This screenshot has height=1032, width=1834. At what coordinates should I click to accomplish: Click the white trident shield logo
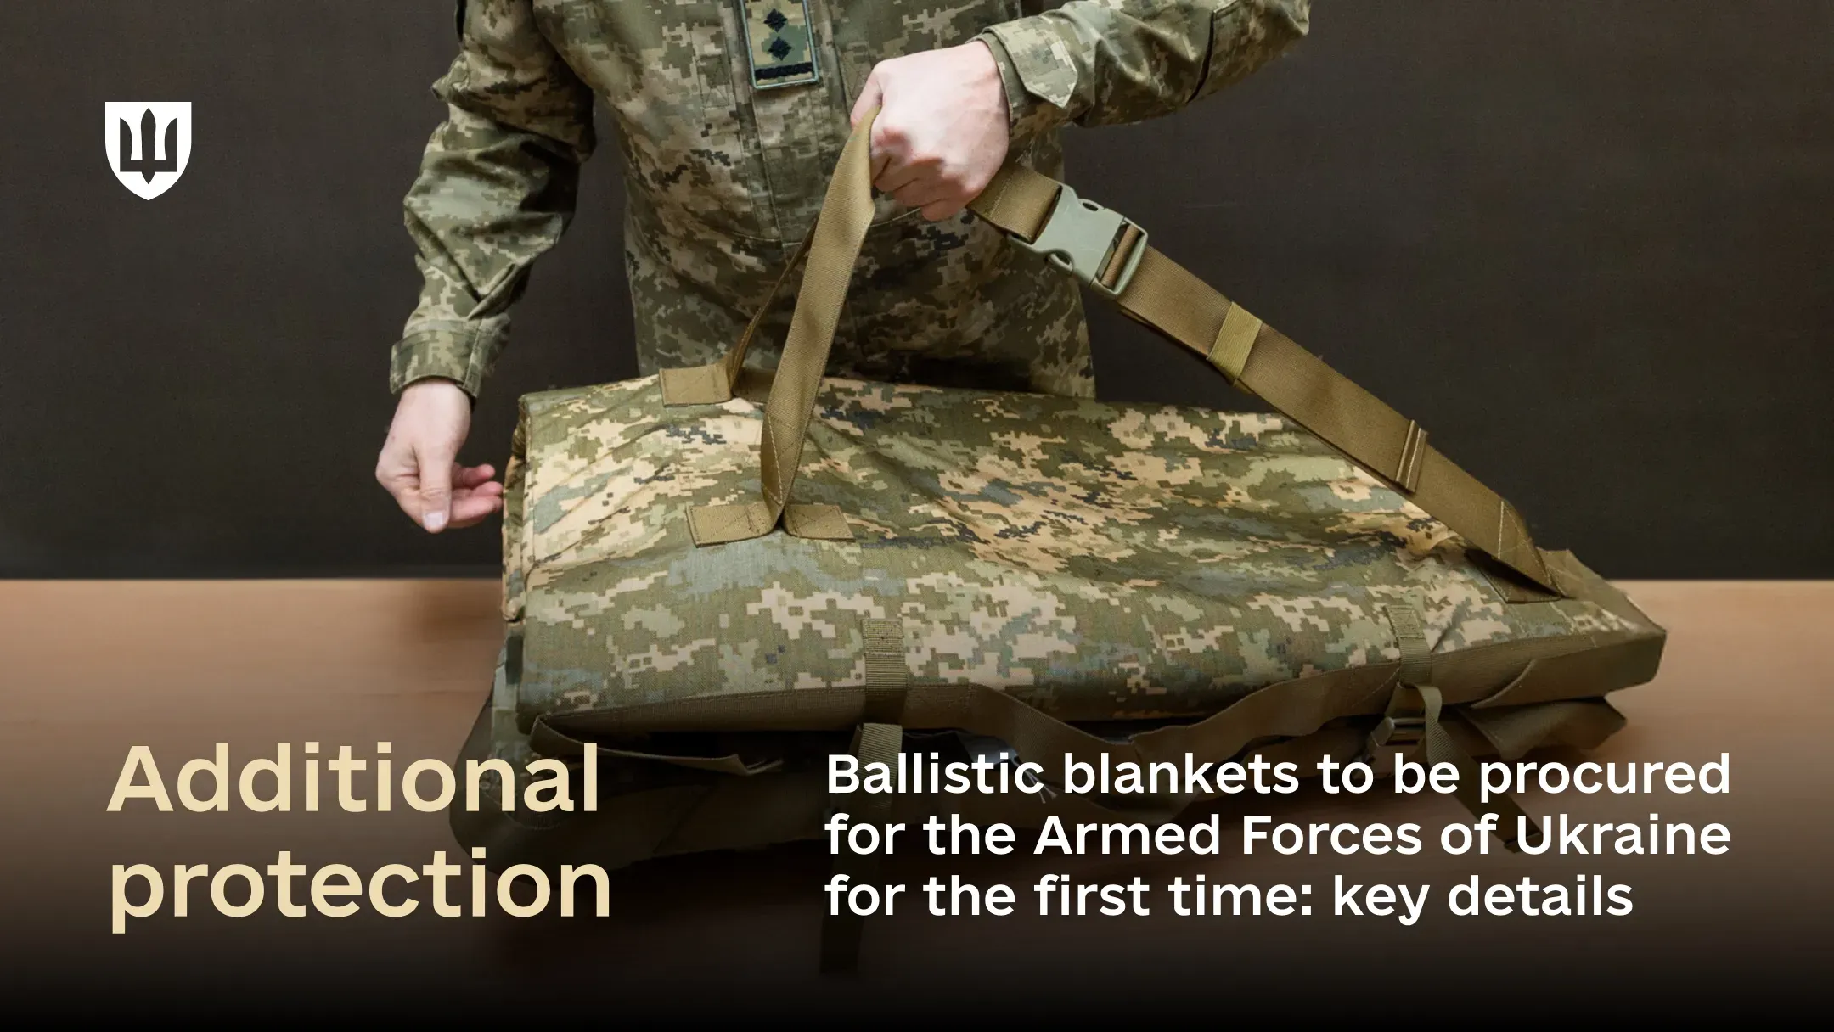(x=148, y=149)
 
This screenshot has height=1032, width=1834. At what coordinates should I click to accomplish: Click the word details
(x=1540, y=895)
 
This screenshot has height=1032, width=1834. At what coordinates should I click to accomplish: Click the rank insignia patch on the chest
(x=780, y=42)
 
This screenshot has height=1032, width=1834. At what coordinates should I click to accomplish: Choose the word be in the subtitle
(x=1435, y=775)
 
